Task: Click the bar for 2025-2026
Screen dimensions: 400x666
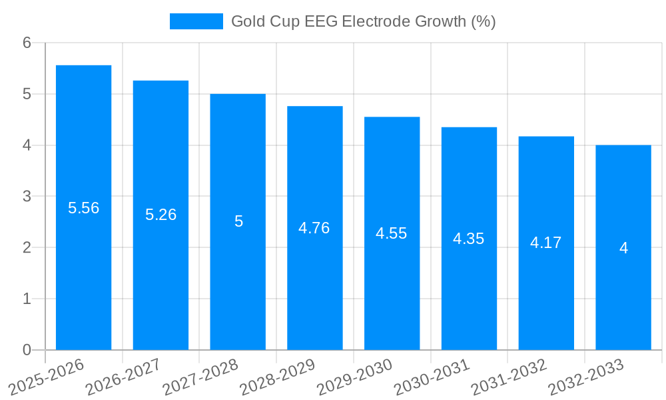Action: coord(83,267)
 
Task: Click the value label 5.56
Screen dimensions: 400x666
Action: coord(83,208)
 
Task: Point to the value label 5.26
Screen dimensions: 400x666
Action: coord(161,215)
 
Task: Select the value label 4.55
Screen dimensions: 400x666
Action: coord(392,233)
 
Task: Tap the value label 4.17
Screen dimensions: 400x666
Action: coord(546,243)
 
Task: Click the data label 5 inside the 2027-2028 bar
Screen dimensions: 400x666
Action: coord(238,221)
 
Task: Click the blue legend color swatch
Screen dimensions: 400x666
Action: coord(196,21)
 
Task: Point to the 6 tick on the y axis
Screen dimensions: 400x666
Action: coord(27,43)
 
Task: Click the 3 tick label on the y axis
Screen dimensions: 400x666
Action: coord(27,197)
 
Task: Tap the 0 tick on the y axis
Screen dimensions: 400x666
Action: coord(27,350)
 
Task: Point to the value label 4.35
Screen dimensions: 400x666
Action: coord(469,239)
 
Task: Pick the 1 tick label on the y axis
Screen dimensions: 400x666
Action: coord(27,299)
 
